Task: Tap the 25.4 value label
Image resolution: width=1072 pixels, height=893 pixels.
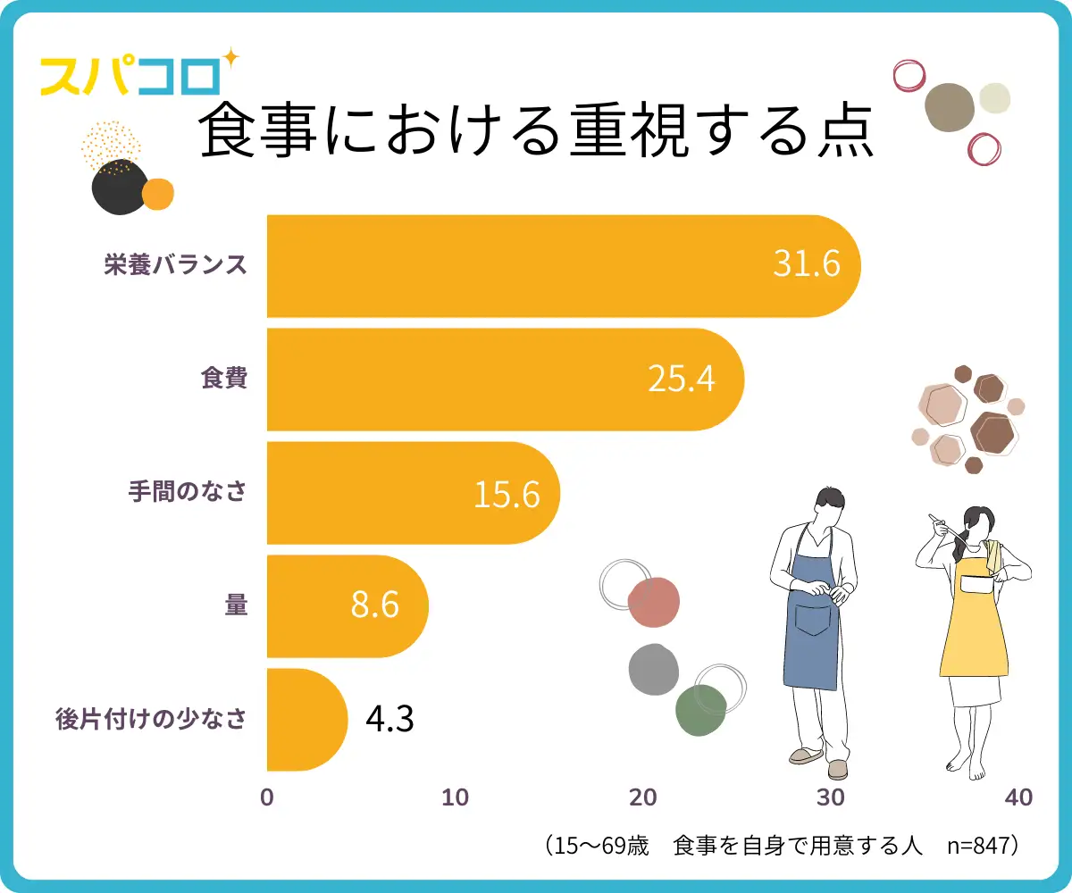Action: [x=682, y=380]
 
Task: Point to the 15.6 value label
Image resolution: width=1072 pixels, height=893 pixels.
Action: [x=507, y=493]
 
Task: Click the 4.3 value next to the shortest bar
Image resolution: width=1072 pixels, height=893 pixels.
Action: [x=389, y=720]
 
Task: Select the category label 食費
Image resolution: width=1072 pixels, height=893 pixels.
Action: [x=223, y=379]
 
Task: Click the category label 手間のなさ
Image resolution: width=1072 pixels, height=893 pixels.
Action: [x=186, y=492]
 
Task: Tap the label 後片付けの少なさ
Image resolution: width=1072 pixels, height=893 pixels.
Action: [x=150, y=719]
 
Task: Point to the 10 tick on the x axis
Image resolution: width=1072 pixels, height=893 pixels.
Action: [x=456, y=797]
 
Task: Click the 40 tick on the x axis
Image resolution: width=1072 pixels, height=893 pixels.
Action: [x=1018, y=797]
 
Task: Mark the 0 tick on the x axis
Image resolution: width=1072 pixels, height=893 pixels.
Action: [x=266, y=797]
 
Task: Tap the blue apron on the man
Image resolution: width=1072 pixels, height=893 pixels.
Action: [x=811, y=625]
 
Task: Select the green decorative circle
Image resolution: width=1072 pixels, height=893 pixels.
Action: [x=699, y=710]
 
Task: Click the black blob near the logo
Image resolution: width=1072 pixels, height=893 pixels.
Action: [x=117, y=188]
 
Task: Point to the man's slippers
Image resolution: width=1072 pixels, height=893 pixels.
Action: [x=820, y=762]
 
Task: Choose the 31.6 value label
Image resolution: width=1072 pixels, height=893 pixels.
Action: [x=807, y=266]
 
